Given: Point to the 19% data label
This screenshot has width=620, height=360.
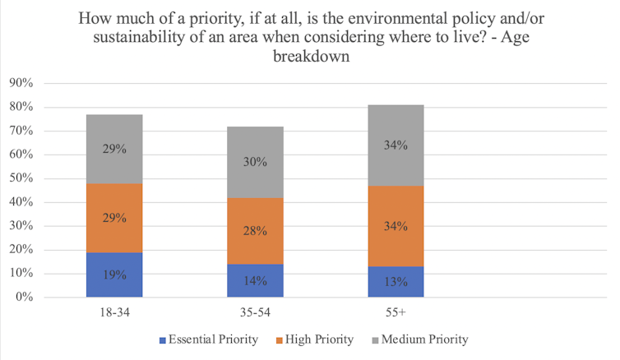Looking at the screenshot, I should point(114,275).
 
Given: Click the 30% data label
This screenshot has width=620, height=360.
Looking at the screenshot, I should point(256,162).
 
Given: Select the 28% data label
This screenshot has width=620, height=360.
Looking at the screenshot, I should point(256,231).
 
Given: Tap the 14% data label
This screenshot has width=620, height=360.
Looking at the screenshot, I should point(256,281).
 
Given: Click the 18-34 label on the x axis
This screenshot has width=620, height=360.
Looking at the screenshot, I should point(114,312).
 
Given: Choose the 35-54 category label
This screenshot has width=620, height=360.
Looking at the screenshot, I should point(256,312).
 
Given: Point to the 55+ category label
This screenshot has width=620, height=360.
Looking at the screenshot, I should point(396,312).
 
